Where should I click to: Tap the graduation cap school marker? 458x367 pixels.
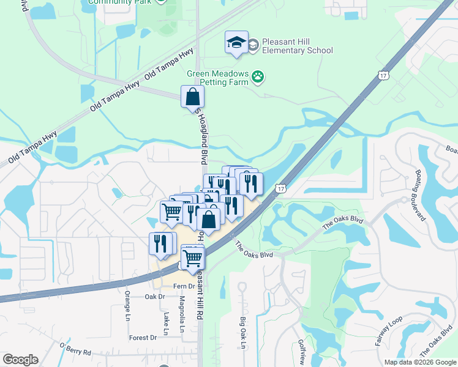tap(236, 42)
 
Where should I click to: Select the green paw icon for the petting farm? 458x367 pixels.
tap(258, 78)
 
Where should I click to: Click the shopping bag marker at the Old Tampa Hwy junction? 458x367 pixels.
tap(192, 97)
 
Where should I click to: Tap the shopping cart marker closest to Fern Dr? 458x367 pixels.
tap(193, 258)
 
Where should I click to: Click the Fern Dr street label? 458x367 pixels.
tap(183, 286)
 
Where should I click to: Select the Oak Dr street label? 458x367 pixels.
tap(155, 297)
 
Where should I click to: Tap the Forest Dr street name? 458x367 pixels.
tap(143, 337)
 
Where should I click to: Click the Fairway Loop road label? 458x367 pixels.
tap(389, 331)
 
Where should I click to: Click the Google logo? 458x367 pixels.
tap(20, 360)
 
